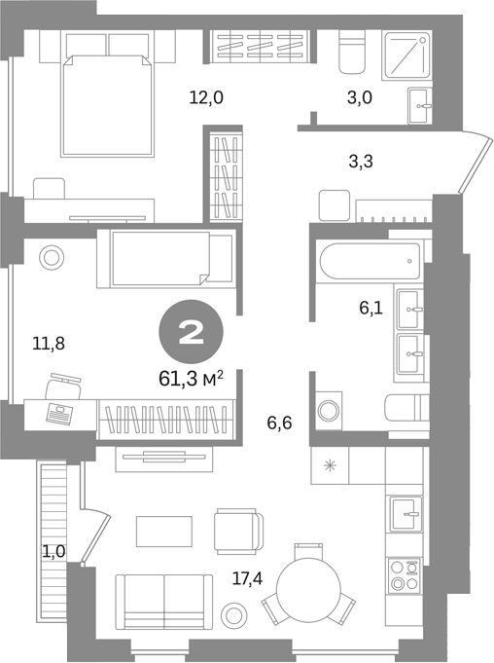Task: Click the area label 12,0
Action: pos(206,98)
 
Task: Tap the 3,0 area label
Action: pos(359,98)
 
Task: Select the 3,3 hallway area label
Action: pos(361,162)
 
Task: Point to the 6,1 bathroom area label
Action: pos(370,308)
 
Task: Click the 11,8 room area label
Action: pos(49,344)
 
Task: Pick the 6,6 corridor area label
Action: pos(279,423)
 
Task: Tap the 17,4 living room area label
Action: pos(247,578)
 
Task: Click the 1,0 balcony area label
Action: pos(53,551)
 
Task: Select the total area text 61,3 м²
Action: pos(191,379)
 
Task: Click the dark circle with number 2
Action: pos(191,331)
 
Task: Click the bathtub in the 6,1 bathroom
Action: pos(370,261)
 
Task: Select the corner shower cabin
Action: pos(406,55)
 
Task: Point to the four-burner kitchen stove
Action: pos(405,575)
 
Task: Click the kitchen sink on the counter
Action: pos(406,514)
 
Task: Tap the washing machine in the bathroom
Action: pos(328,411)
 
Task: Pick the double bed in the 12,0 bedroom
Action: pos(106,106)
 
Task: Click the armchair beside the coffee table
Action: pos(238,531)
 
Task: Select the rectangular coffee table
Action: pos(163,531)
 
